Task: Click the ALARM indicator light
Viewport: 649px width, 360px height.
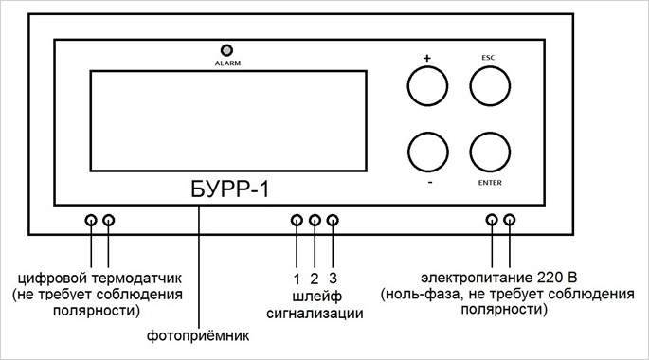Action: [226, 50]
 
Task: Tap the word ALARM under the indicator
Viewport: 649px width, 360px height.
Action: [226, 63]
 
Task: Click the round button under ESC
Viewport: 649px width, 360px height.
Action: [490, 89]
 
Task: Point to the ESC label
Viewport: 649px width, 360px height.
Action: [490, 57]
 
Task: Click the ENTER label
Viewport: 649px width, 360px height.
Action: [490, 184]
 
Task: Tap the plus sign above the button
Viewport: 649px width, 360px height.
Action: [426, 58]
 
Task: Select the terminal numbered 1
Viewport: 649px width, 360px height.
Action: [297, 221]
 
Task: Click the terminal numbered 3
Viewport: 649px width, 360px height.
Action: [333, 221]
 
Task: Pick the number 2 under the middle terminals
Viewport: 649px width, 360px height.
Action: [315, 279]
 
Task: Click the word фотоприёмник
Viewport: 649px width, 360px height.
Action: [199, 336]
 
